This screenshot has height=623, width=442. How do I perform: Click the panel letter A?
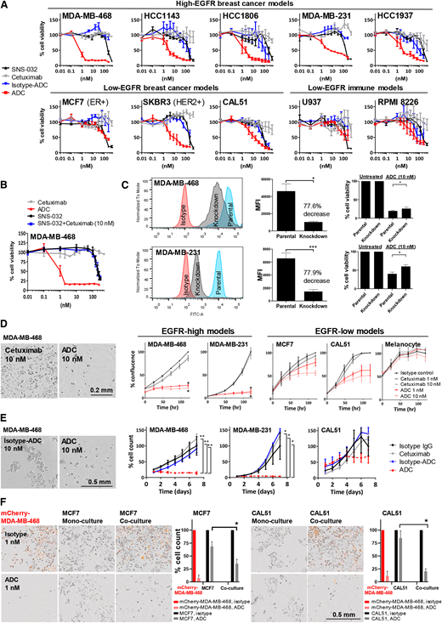(5, 6)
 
